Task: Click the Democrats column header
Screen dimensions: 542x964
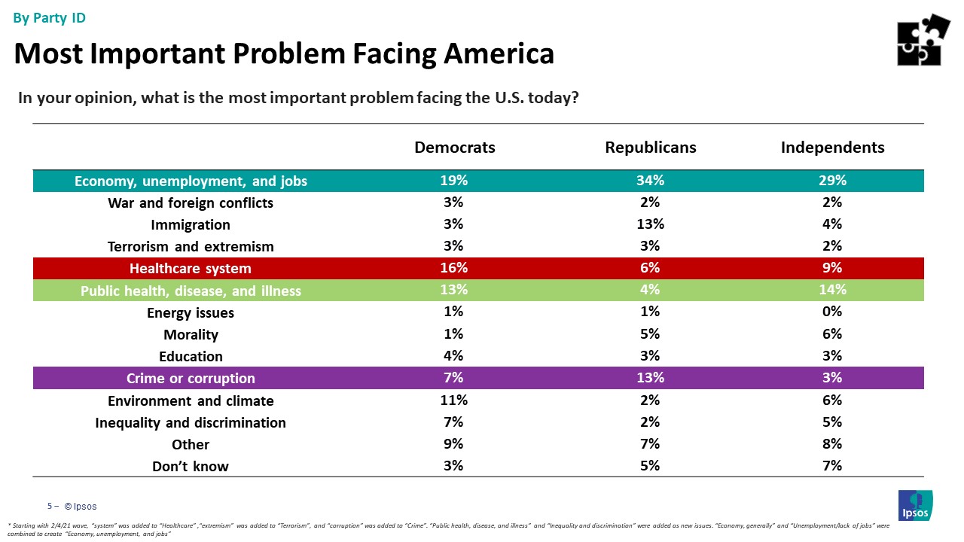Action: click(455, 148)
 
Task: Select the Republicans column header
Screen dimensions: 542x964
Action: click(650, 148)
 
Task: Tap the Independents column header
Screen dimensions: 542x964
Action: click(832, 148)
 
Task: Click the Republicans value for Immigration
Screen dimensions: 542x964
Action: click(650, 224)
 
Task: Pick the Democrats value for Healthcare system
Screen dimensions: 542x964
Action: click(454, 268)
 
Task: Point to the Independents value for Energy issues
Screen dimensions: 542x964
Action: click(832, 312)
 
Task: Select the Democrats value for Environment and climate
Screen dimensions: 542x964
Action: click(454, 400)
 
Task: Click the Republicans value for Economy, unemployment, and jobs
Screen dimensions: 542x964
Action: click(650, 181)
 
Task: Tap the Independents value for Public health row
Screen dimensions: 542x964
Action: click(832, 290)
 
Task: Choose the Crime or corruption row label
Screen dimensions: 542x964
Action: click(191, 378)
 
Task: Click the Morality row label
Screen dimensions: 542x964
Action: click(191, 334)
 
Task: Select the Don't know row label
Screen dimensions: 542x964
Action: click(191, 466)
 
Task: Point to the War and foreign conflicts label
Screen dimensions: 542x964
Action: click(191, 203)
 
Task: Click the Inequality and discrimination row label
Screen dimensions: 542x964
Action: click(191, 422)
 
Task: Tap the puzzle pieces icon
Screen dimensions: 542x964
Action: click(923, 40)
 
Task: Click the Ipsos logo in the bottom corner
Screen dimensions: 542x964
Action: click(915, 505)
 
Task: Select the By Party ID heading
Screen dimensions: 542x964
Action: click(50, 18)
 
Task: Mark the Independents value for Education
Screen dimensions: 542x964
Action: click(832, 356)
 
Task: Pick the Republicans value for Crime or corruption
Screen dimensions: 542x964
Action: click(650, 378)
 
